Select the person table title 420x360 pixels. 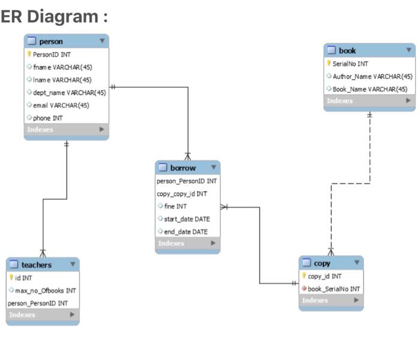[50, 41]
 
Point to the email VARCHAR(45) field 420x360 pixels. [61, 105]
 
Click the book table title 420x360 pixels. [347, 51]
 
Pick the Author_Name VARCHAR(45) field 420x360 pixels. [372, 76]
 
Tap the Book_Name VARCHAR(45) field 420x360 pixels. [370, 89]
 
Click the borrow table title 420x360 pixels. [182, 168]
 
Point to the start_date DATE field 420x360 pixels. [186, 219]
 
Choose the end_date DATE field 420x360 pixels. [185, 232]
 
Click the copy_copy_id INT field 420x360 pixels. [182, 194]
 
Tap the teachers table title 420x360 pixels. [37, 265]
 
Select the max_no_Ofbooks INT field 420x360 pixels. [46, 290]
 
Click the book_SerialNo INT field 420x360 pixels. [334, 289]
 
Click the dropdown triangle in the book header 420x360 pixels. [408, 50]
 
